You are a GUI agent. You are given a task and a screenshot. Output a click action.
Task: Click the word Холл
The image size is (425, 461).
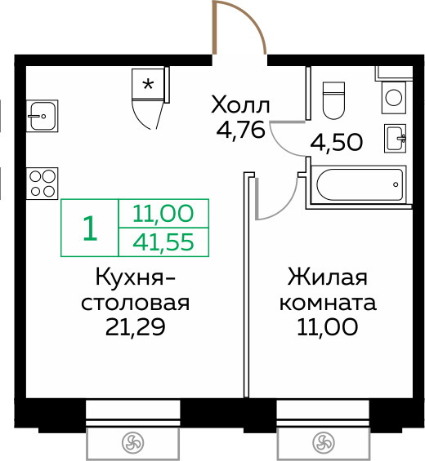[239, 105]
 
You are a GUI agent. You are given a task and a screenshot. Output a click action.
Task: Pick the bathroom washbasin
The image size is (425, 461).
[396, 138]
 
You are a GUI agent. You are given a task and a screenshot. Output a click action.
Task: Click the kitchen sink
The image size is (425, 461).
[40, 116]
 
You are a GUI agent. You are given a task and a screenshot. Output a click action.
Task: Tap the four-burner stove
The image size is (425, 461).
[42, 181]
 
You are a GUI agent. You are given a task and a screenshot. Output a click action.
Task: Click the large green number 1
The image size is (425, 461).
[90, 228]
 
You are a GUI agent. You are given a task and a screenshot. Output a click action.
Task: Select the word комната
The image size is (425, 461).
[328, 304]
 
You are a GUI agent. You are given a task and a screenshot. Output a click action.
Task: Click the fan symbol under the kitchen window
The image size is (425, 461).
[132, 443]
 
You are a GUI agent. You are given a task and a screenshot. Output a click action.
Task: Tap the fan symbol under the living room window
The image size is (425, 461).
[323, 443]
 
